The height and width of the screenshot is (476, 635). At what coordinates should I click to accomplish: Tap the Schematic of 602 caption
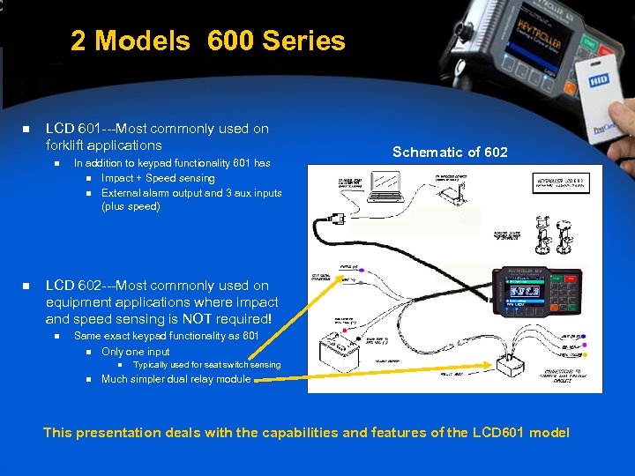point(450,152)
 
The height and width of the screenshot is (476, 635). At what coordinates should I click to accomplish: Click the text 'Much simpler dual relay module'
point(176,379)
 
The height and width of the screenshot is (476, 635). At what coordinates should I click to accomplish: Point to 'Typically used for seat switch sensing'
point(206,365)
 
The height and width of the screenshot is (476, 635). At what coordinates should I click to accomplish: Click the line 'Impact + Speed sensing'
point(158,178)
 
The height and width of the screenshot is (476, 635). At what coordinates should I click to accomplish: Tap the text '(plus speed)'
point(131,206)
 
